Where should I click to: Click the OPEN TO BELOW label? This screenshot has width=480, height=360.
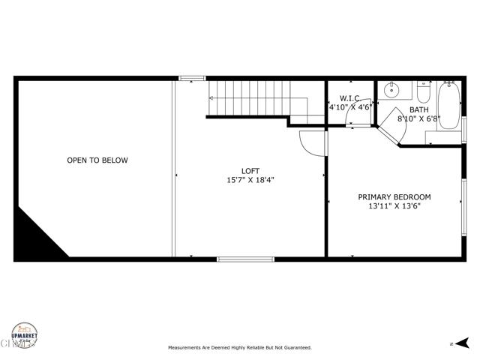click(x=97, y=160)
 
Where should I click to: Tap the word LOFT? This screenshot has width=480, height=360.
click(x=250, y=170)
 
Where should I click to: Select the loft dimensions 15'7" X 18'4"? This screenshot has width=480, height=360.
click(x=250, y=180)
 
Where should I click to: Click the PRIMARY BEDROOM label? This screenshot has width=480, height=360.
click(x=394, y=197)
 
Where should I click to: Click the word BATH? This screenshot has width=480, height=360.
click(x=420, y=109)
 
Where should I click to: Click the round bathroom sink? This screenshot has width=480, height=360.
click(x=391, y=91)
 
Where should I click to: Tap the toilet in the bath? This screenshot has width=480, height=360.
click(x=422, y=94)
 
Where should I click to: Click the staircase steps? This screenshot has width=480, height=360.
click(x=247, y=97)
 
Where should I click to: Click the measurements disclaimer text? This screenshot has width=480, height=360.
click(x=240, y=348)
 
